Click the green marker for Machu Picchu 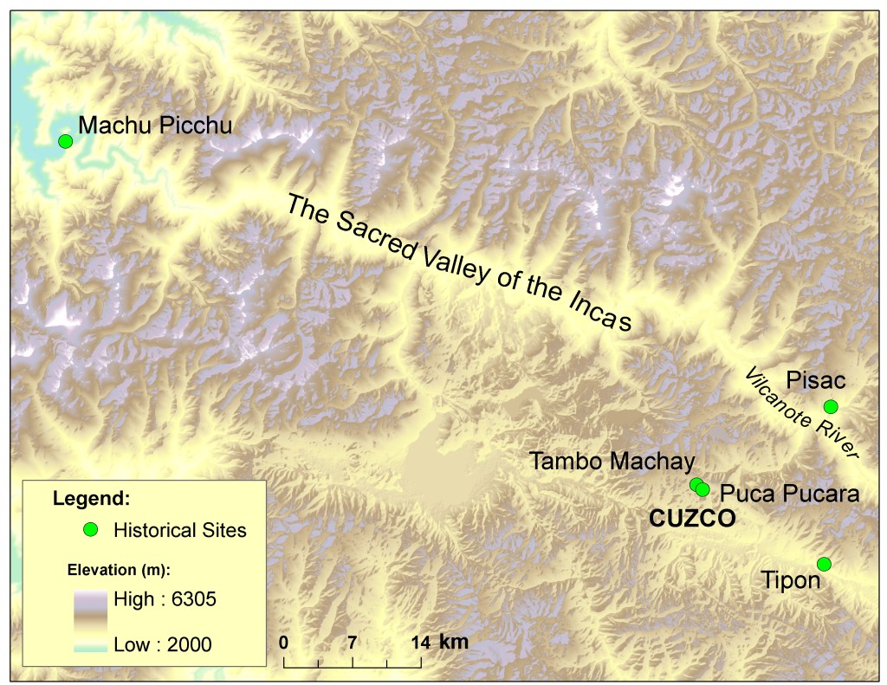click(64, 141)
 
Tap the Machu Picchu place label click(155, 126)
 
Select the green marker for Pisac click(831, 406)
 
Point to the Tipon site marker click(824, 564)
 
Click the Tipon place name click(790, 580)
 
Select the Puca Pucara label click(789, 494)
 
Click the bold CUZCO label click(692, 519)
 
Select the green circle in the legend click(89, 530)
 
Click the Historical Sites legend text click(179, 530)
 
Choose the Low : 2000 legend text click(162, 644)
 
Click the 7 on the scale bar click(353, 643)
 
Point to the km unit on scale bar click(454, 642)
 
